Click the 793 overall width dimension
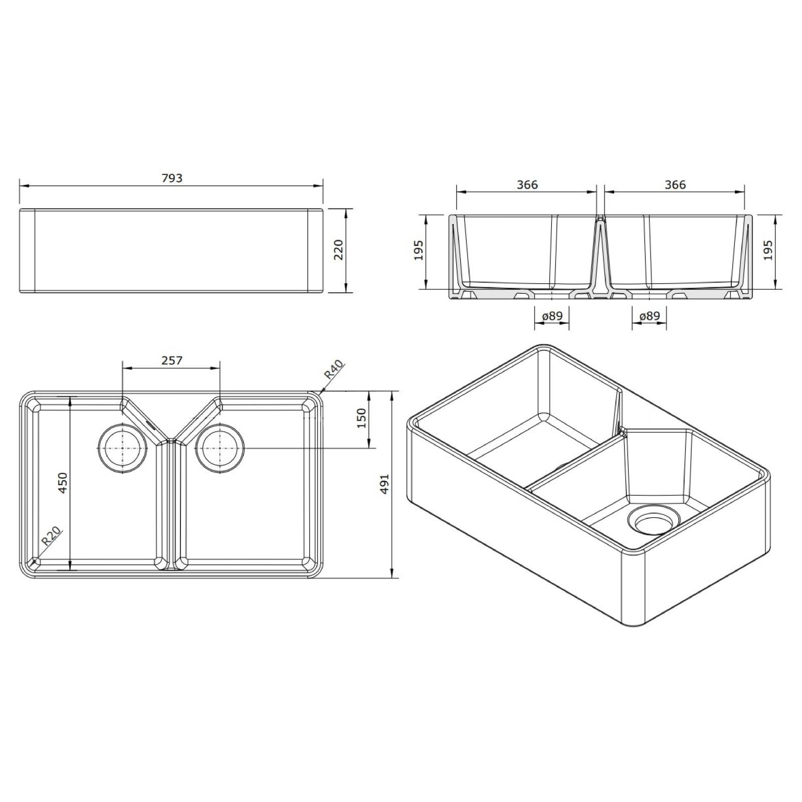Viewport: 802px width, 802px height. click(x=172, y=178)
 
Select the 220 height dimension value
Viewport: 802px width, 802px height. click(x=338, y=250)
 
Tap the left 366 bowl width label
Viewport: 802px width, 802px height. click(x=527, y=184)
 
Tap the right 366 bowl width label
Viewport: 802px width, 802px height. click(x=675, y=184)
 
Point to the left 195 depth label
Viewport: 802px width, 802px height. click(x=419, y=250)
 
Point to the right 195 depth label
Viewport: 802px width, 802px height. click(x=767, y=250)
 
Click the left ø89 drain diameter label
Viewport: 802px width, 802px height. click(x=552, y=316)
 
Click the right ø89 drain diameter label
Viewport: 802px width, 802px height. click(x=649, y=316)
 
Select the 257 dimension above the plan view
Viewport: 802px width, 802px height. click(x=172, y=360)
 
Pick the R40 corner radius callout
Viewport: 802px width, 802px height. click(x=333, y=370)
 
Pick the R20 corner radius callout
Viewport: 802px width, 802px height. click(x=51, y=536)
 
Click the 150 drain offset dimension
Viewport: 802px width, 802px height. click(x=361, y=418)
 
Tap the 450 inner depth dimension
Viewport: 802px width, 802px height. click(x=62, y=483)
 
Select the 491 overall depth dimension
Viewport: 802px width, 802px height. click(x=384, y=484)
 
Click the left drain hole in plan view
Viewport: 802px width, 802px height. click(x=123, y=448)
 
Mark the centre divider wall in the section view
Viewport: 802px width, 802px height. click(x=600, y=256)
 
